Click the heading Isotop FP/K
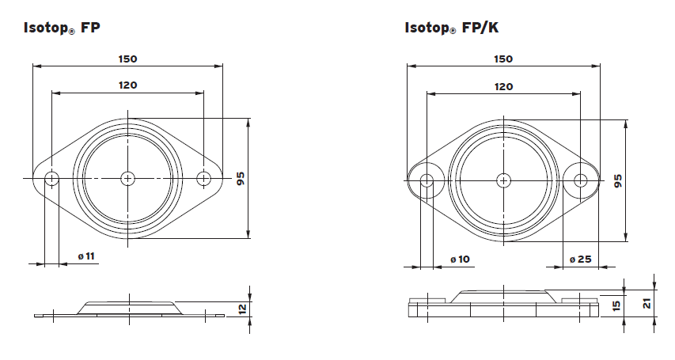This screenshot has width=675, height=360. click(452, 28)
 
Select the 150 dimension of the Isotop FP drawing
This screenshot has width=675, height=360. click(127, 59)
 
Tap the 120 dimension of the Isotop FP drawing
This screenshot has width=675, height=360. click(127, 85)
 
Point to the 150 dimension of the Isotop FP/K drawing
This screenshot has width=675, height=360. click(502, 59)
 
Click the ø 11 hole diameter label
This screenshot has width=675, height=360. click(86, 256)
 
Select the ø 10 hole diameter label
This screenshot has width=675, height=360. click(460, 260)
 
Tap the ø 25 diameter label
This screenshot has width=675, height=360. click(580, 260)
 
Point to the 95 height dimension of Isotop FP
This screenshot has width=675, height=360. click(241, 179)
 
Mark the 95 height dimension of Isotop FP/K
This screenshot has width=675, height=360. click(618, 180)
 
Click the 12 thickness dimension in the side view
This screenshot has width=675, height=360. click(243, 308)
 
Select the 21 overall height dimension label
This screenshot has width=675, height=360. click(647, 304)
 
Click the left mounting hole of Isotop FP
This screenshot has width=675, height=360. click(51, 179)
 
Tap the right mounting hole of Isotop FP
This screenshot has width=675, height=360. click(204, 179)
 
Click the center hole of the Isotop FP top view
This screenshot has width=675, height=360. click(127, 179)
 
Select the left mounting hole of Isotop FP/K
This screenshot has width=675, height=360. click(427, 180)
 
